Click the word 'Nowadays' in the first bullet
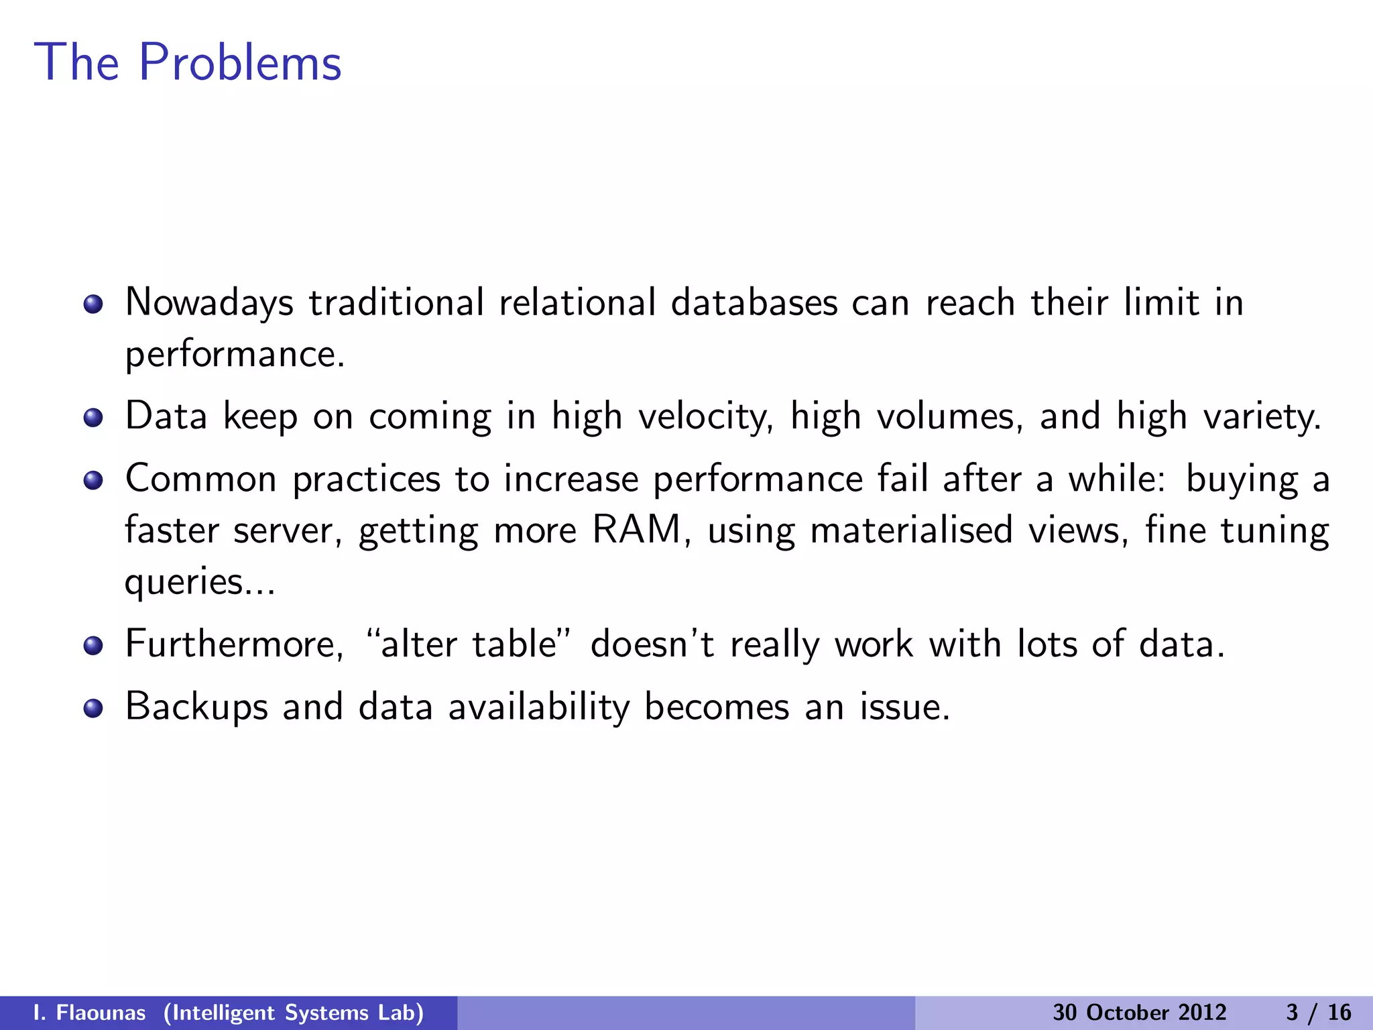209,302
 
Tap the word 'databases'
754,302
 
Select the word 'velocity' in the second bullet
704,416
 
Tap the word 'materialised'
912,530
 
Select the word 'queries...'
200,582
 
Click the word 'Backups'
196,707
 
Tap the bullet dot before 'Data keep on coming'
93,418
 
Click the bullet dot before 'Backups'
93,708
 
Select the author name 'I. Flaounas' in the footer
89,1013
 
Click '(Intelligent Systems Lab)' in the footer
294,1013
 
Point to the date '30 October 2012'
1139,1013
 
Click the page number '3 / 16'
1318,1013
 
